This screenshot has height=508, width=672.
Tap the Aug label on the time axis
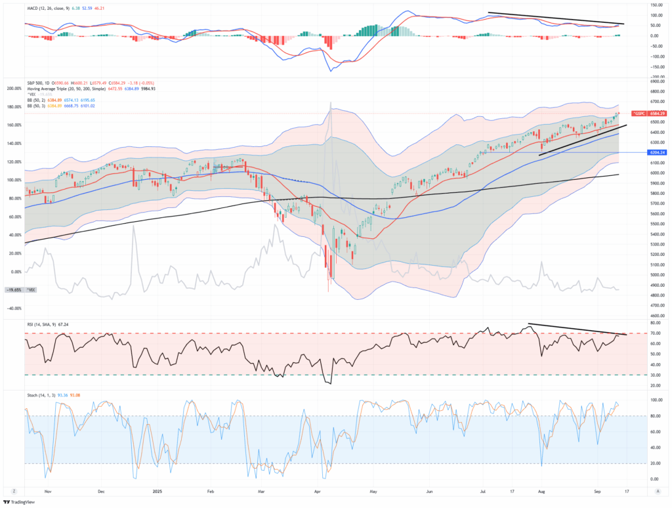(541, 491)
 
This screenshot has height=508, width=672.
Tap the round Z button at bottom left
(14, 491)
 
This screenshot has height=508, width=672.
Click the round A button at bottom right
(655, 491)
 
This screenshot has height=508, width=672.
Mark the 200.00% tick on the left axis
(14, 88)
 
